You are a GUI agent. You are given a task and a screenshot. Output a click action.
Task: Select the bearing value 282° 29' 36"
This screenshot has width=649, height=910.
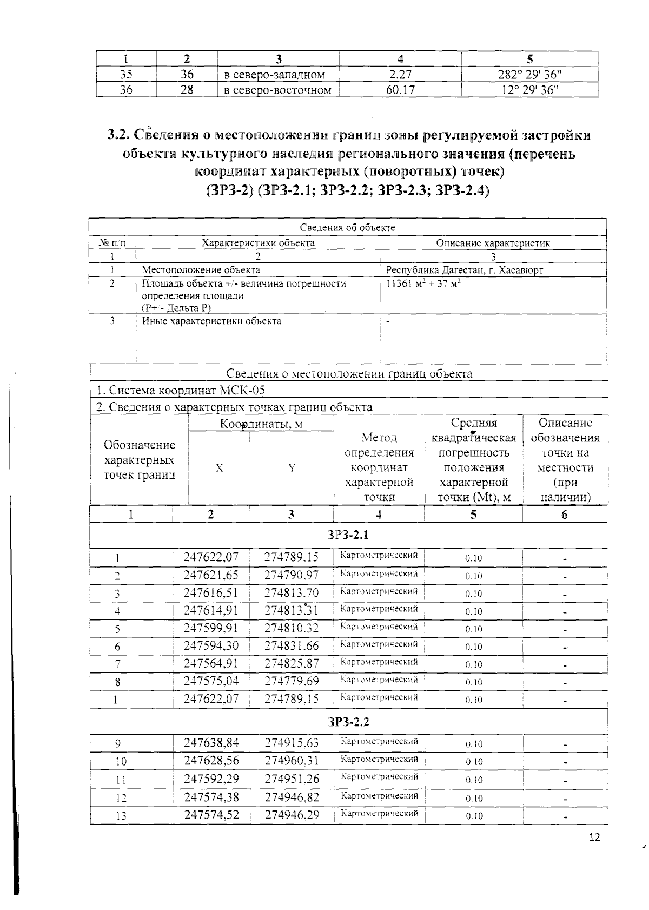[x=529, y=75]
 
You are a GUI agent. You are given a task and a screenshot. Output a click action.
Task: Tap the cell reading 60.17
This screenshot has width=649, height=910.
[x=400, y=90]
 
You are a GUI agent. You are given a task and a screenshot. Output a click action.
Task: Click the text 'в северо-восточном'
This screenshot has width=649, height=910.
[x=277, y=90]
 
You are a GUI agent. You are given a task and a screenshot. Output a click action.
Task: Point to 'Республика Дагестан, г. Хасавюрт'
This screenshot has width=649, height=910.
[x=464, y=270]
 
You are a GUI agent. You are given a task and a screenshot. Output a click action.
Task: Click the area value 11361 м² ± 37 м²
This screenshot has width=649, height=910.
[x=423, y=283]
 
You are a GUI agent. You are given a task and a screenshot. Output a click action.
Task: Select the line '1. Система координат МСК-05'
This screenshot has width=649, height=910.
[x=180, y=391]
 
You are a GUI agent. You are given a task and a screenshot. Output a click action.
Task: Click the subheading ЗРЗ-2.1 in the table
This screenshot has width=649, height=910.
[x=348, y=535]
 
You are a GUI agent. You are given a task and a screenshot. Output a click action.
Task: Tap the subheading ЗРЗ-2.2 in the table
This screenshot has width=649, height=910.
[x=348, y=722]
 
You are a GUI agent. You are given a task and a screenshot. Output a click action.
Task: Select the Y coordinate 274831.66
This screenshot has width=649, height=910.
[x=292, y=645]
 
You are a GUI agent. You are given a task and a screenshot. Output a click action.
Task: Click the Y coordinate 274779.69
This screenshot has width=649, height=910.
[x=292, y=681]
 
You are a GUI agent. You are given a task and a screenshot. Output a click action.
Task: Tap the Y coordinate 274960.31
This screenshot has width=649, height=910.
[x=292, y=761]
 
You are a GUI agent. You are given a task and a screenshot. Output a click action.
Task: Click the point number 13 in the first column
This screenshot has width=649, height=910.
[x=121, y=816]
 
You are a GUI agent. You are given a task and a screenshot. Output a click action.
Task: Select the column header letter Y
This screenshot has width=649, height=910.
[x=292, y=469]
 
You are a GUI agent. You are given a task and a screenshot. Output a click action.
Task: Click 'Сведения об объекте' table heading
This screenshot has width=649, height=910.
[x=347, y=228]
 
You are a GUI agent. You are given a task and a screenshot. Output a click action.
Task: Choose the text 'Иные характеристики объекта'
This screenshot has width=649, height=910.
[x=211, y=321]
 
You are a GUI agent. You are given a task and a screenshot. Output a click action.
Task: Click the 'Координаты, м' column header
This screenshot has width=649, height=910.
[x=261, y=424]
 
